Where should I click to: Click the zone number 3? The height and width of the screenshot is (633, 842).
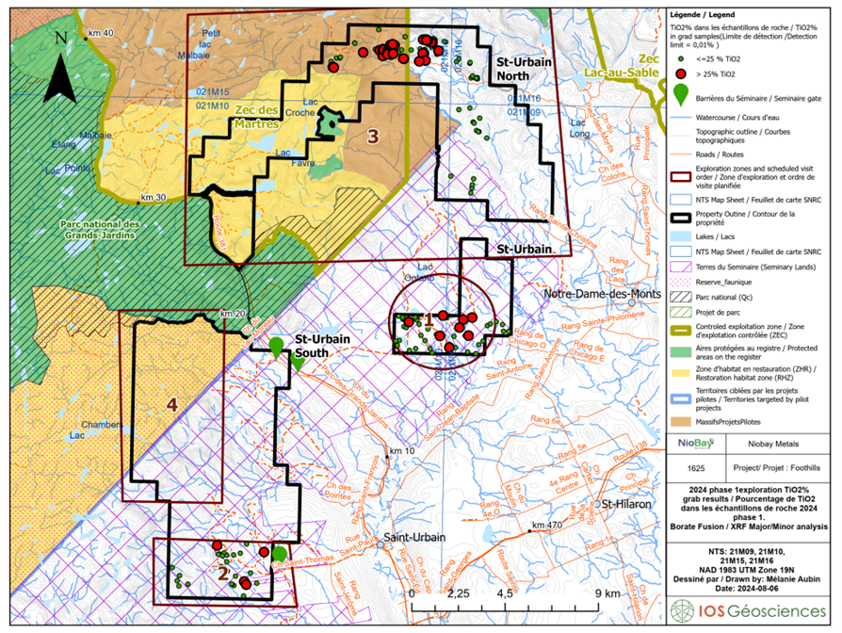[x=373, y=136]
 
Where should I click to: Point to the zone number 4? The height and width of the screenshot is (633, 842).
[x=171, y=405]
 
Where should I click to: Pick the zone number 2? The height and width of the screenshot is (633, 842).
[x=222, y=571]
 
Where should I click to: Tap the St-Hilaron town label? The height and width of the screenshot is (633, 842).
[x=629, y=505]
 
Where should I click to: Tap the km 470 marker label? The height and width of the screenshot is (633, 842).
[x=548, y=525]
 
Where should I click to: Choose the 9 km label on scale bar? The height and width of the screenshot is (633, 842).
[x=607, y=593]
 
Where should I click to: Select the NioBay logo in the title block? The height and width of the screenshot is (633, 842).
[x=689, y=442]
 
